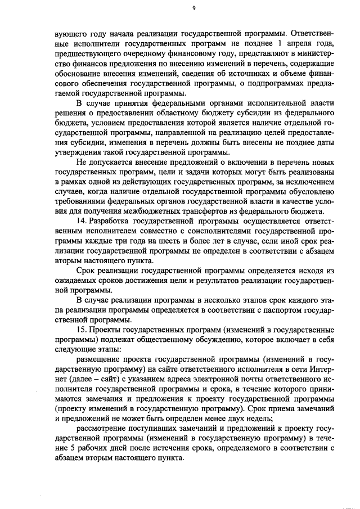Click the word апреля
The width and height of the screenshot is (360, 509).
[x=299, y=43]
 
